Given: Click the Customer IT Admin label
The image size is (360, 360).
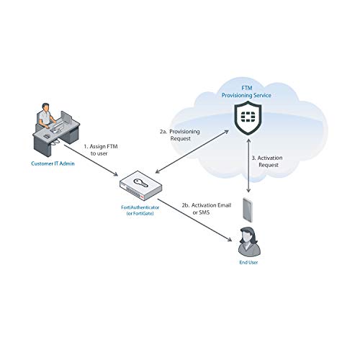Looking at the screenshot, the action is point(53,163).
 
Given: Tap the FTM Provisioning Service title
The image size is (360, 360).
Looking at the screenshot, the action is point(246,92).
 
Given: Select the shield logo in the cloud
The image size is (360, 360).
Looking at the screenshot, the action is point(248,117).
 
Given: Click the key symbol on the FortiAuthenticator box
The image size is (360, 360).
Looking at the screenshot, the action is point(141,183).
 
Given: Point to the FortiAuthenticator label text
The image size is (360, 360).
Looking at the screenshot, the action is point(140,210).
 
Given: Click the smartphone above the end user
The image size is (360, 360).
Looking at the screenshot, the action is point(248,210).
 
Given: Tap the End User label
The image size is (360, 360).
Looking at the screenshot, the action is point(248,263).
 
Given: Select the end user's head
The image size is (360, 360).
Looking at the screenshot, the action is point(247,235).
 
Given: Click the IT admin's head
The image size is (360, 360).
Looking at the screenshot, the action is point(45,107).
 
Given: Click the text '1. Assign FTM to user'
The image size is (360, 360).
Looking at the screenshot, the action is point(101,150).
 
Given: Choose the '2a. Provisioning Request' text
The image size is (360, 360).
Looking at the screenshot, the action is point(180,135).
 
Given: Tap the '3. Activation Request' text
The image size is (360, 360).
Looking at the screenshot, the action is point(267,161).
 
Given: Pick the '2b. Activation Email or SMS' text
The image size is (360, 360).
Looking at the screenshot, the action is point(207,209).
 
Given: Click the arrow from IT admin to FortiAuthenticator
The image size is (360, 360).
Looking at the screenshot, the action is point(91,161).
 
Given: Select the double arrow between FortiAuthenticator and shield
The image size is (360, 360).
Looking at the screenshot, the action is point(192,151).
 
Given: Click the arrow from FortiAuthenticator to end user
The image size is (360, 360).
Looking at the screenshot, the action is point(194,220).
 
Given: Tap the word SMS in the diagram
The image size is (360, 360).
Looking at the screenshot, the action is point(204,212).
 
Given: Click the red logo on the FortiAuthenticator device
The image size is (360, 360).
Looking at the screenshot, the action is point(142,197).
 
